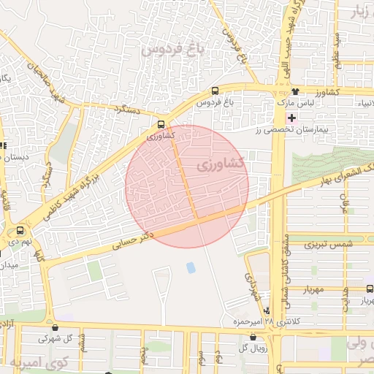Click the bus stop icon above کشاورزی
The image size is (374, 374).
(161, 124)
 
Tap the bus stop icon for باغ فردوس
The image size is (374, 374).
(214, 91)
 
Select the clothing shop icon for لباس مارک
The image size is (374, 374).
(295, 91)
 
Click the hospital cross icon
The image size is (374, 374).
(292, 118)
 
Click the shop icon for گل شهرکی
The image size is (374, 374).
(56, 327)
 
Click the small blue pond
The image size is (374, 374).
(191, 267)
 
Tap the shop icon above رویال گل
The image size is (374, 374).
(253, 337)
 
